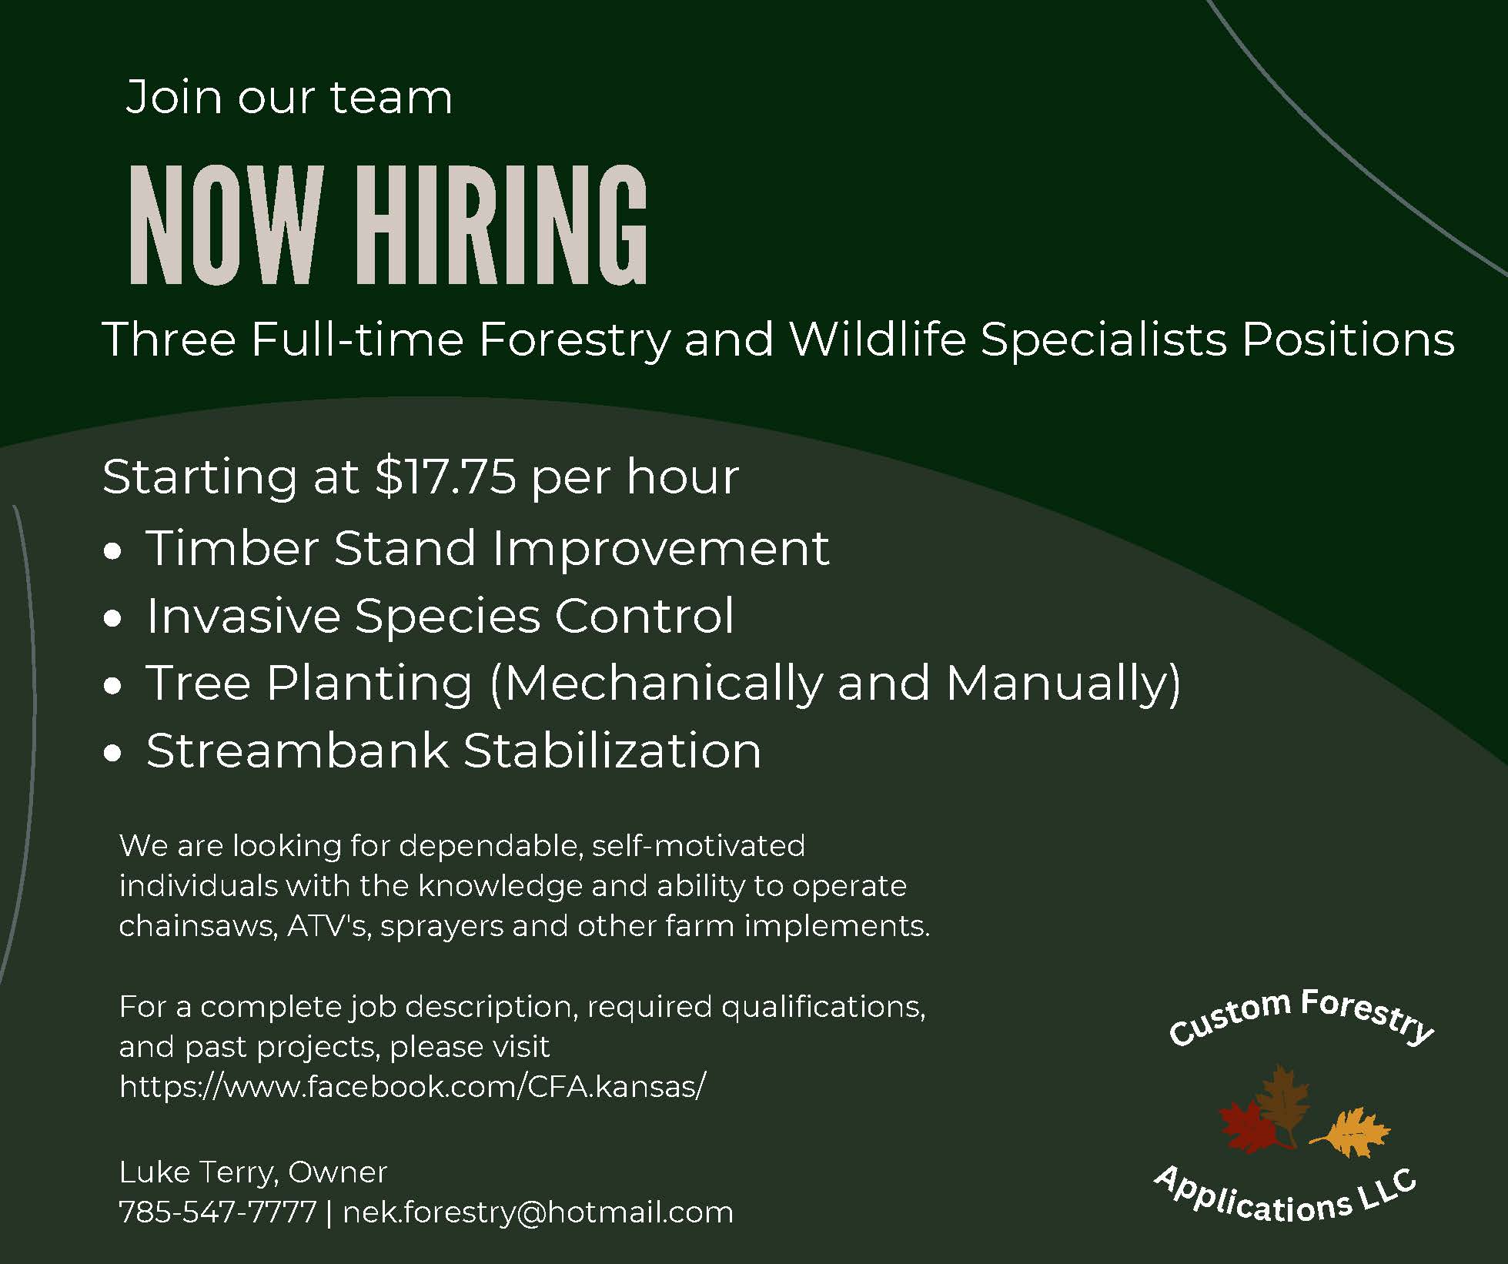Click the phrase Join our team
289,98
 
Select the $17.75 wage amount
446,476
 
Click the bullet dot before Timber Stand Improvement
113,551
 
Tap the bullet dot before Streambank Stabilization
113,754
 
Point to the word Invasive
243,616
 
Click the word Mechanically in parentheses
664,684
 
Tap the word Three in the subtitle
169,339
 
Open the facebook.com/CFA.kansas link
412,1086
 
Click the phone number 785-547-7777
218,1212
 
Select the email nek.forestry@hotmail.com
538,1212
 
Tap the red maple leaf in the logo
1249,1128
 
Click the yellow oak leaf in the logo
1350,1132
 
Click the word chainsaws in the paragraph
198,926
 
